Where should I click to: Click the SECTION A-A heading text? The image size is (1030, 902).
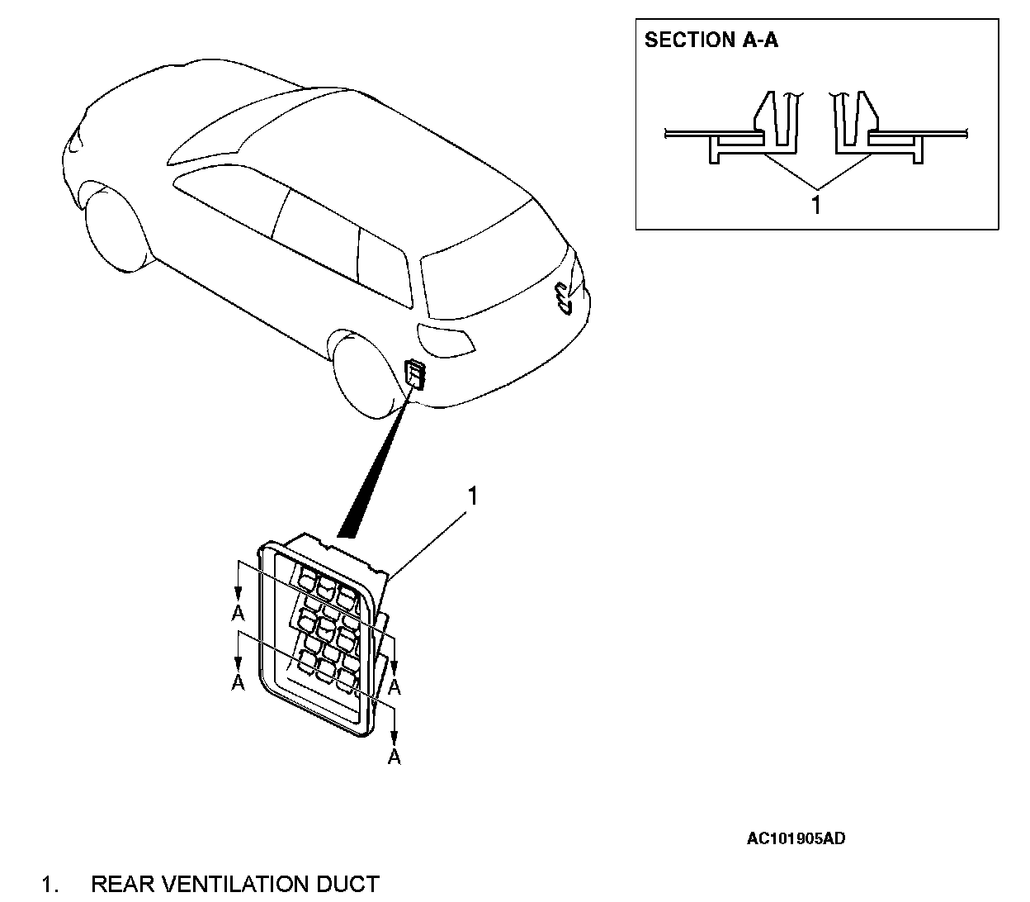[x=711, y=40]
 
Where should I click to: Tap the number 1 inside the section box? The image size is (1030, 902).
[x=816, y=204]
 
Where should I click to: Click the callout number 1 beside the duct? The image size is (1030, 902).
[x=473, y=496]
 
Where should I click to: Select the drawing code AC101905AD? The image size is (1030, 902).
[x=796, y=839]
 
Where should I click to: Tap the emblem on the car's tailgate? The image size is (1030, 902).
[x=564, y=297]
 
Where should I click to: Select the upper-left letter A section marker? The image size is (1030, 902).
[x=238, y=613]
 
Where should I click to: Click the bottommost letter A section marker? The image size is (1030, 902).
[x=395, y=756]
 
